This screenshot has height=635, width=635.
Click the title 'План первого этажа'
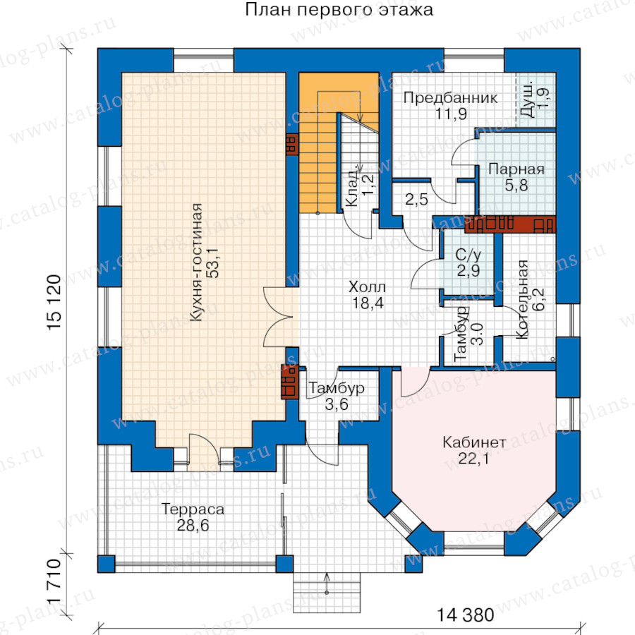coord(339,11)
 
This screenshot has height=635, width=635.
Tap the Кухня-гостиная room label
coord(196,262)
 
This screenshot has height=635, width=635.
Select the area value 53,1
coord(213,263)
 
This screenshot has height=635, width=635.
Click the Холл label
coord(367,287)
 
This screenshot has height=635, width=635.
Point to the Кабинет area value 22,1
coord(473,459)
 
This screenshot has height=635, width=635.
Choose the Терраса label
coord(193,509)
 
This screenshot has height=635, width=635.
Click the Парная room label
coord(516,169)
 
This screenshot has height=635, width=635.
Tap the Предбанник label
coord(451,98)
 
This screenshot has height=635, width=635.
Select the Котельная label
coord(522,300)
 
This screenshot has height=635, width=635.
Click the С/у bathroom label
coord(468,255)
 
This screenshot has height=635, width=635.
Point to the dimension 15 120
coord(54,303)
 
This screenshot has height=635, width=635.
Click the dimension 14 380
coord(466,615)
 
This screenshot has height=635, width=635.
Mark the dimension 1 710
coord(54,582)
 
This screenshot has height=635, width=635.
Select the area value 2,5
coord(417,200)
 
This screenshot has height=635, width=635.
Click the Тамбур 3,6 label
coord(337,396)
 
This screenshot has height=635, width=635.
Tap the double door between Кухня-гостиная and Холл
coord(279,317)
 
